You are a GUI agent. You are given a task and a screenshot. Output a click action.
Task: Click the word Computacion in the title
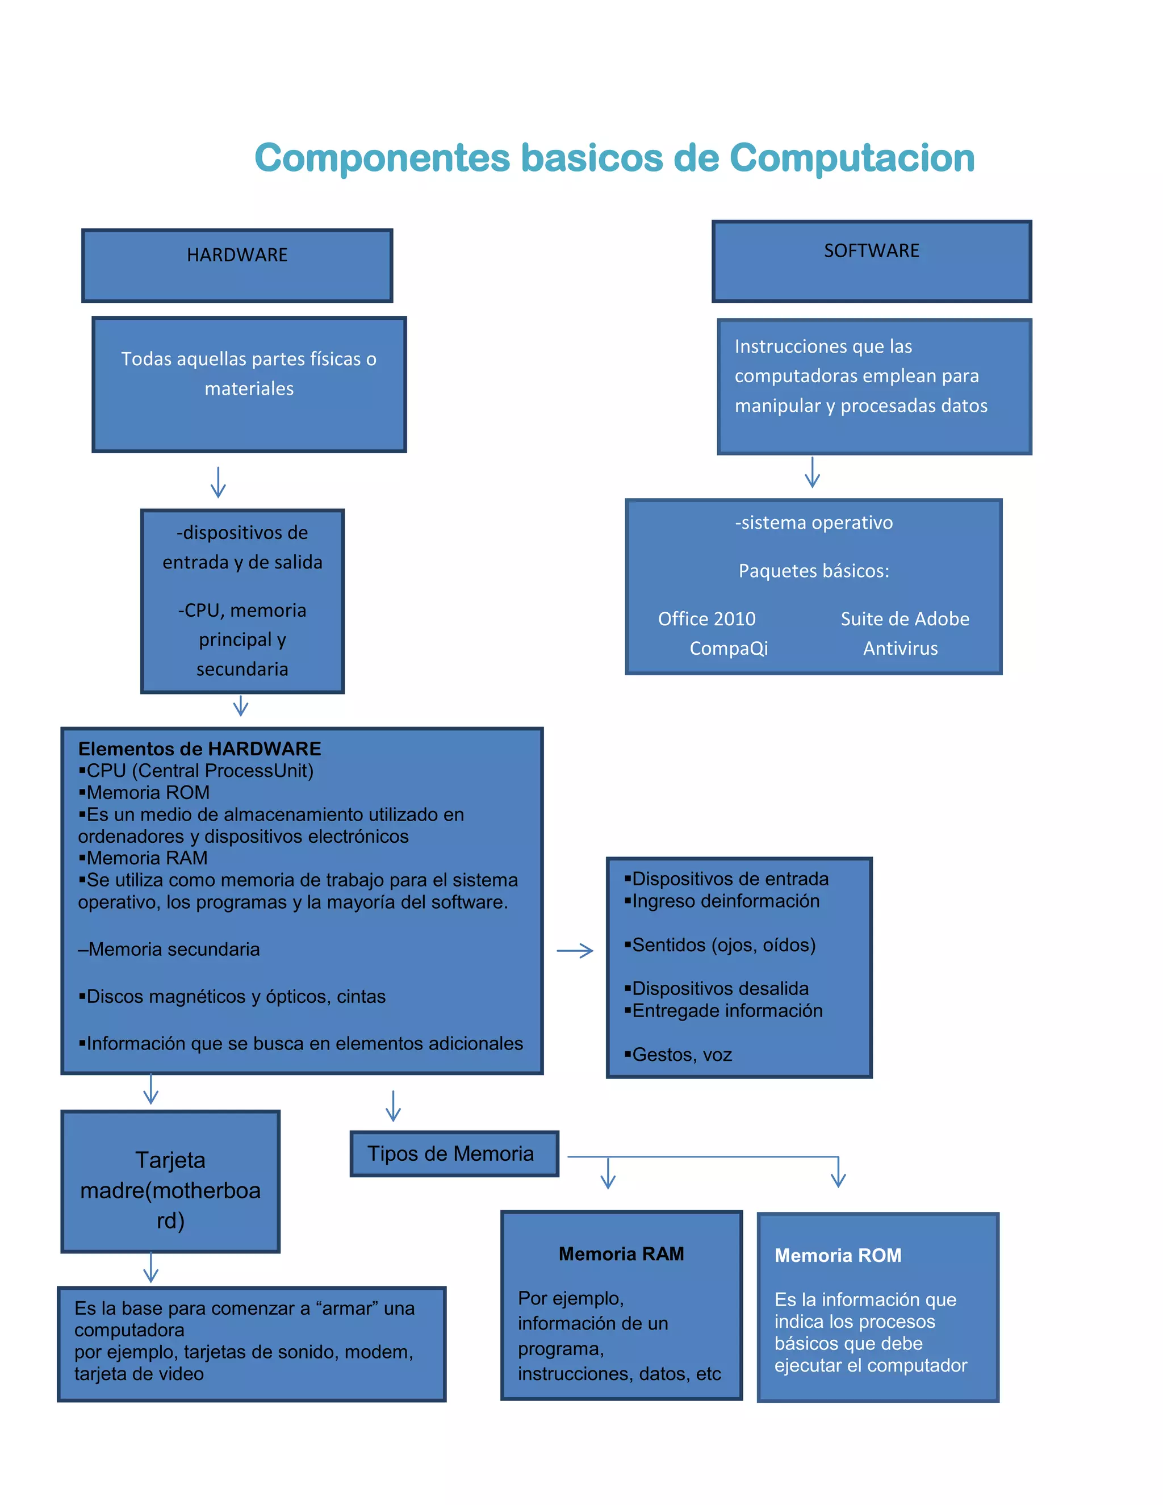pos(852,158)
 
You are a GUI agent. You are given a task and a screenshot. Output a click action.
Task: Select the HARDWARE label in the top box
pos(237,255)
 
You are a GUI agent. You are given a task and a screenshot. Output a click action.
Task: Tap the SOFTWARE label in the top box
pos(872,251)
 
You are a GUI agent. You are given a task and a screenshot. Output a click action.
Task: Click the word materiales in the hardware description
pos(249,388)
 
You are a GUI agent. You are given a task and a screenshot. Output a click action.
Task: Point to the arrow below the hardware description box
pos(219,482)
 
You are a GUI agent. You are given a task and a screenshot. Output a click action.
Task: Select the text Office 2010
pos(706,619)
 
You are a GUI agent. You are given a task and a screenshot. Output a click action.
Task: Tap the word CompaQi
pos(728,649)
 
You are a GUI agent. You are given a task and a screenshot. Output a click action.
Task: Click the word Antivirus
pos(900,649)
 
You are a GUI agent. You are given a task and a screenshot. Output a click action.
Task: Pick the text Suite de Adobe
pos(905,619)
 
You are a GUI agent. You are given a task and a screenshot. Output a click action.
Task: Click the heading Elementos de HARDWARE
pos(200,749)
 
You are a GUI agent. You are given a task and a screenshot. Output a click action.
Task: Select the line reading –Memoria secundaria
pos(169,950)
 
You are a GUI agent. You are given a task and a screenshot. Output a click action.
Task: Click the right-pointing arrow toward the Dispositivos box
pos(575,951)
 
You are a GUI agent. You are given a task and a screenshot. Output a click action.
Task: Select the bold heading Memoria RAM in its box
pos(621,1254)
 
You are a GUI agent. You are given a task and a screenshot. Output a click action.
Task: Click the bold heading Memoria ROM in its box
pos(838,1256)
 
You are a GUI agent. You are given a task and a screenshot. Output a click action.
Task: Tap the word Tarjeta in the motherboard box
pos(170,1160)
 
